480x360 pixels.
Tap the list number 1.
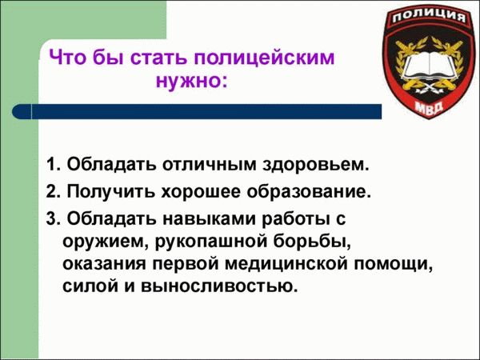click(53, 166)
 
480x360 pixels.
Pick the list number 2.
click(53, 192)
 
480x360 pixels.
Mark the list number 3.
click(53, 218)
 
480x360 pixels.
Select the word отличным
click(210, 166)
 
